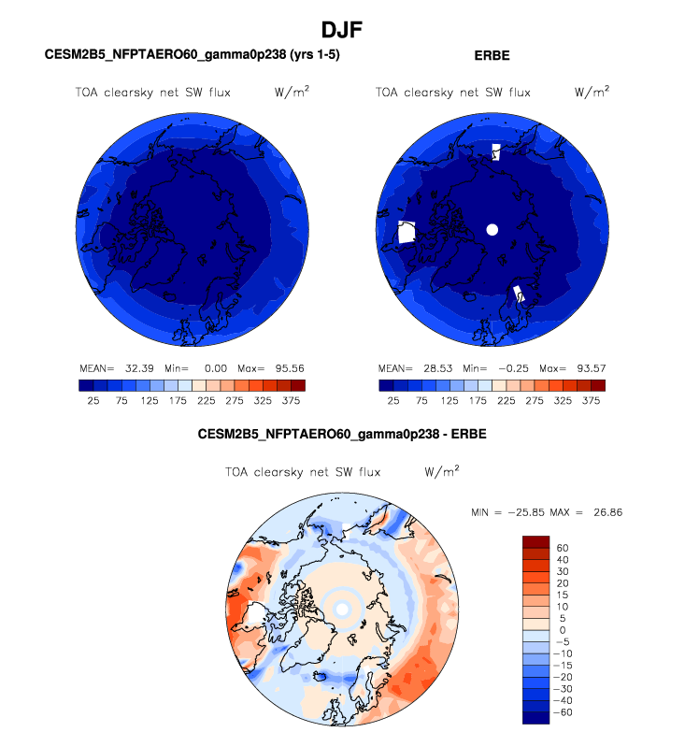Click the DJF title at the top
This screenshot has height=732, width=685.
(x=342, y=30)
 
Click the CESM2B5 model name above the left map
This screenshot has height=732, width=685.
(x=193, y=55)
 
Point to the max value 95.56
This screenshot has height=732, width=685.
(x=284, y=367)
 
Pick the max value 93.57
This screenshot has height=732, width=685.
(x=585, y=367)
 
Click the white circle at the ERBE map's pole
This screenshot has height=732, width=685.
(x=492, y=229)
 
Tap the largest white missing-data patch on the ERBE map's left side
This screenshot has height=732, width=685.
(x=407, y=233)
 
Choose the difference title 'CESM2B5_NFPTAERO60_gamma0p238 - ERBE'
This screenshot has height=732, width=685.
(x=342, y=435)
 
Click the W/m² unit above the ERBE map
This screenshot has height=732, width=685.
(x=592, y=93)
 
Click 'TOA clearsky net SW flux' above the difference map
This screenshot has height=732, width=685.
(x=303, y=472)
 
